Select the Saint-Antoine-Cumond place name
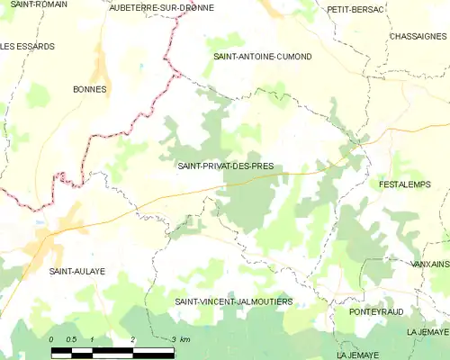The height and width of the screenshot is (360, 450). pyautogui.click(x=262, y=56)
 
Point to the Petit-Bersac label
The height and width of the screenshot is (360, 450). pyautogui.click(x=356, y=9)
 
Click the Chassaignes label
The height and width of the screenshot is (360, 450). pyautogui.click(x=419, y=36)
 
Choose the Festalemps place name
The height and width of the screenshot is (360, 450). pyautogui.click(x=405, y=184)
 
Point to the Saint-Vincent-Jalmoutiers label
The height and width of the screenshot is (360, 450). pyautogui.click(x=234, y=301)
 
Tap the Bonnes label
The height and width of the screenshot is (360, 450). pyautogui.click(x=90, y=89)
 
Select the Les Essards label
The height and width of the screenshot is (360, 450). pyautogui.click(x=27, y=46)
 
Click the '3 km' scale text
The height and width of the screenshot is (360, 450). pyautogui.click(x=179, y=339)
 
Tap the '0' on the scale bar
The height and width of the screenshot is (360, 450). pyautogui.click(x=52, y=339)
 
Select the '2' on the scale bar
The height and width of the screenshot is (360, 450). pyautogui.click(x=132, y=339)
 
